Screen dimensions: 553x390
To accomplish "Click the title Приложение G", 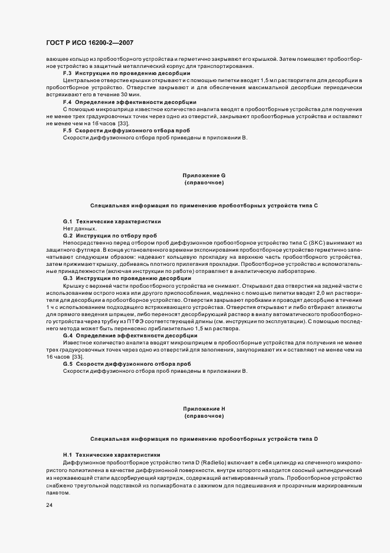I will pyautogui.click(x=204, y=175).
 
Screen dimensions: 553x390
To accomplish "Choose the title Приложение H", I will pyautogui.click(x=204, y=409).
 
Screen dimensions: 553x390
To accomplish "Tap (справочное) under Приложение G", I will pyautogui.click(x=204, y=183).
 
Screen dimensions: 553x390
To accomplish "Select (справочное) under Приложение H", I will pyautogui.click(x=204, y=417).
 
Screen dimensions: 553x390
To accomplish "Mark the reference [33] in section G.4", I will pyautogui.click(x=77, y=356).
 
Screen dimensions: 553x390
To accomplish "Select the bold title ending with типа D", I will pyautogui.click(x=204, y=440).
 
